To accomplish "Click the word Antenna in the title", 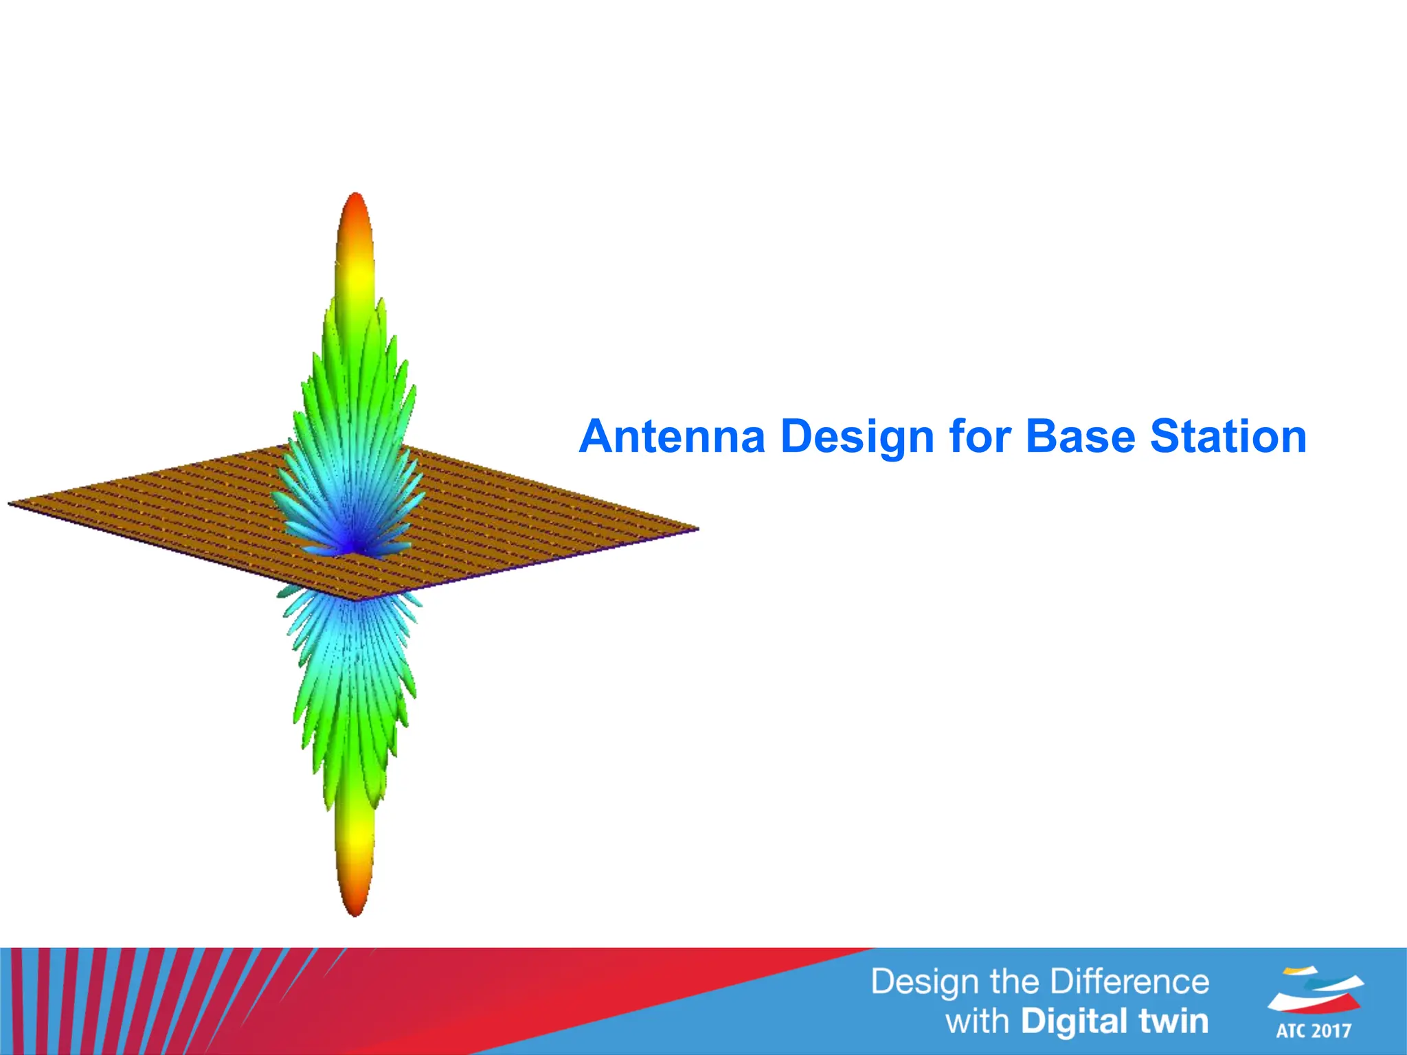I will point(672,437).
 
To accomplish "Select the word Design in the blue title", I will point(857,437).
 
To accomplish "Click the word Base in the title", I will point(1079,437).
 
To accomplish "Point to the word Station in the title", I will point(1228,437).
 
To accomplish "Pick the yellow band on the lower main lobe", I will point(354,831).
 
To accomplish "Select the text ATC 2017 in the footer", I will point(1314,1031).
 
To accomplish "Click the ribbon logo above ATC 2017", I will point(1315,989).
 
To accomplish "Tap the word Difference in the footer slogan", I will point(1130,982).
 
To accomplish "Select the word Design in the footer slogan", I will point(925,983).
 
